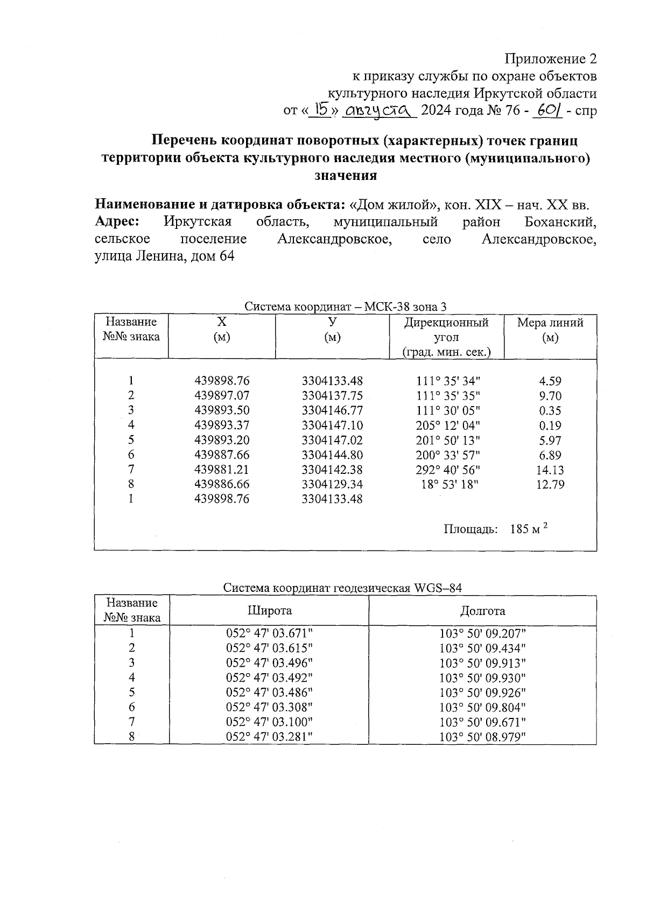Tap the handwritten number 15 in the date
(x=322, y=110)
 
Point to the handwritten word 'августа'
(x=380, y=111)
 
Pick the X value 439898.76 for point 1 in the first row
(x=222, y=381)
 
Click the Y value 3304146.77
(x=332, y=410)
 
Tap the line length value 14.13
(x=550, y=470)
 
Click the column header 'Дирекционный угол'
(x=446, y=330)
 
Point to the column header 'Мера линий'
(x=550, y=323)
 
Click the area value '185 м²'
(x=528, y=529)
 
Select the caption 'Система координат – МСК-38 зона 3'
(x=345, y=307)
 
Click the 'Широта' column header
(x=269, y=610)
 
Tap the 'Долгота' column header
(x=482, y=611)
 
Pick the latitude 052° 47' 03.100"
(x=269, y=722)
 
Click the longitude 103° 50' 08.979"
(x=482, y=737)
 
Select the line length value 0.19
(x=550, y=425)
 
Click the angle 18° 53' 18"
(x=450, y=484)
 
